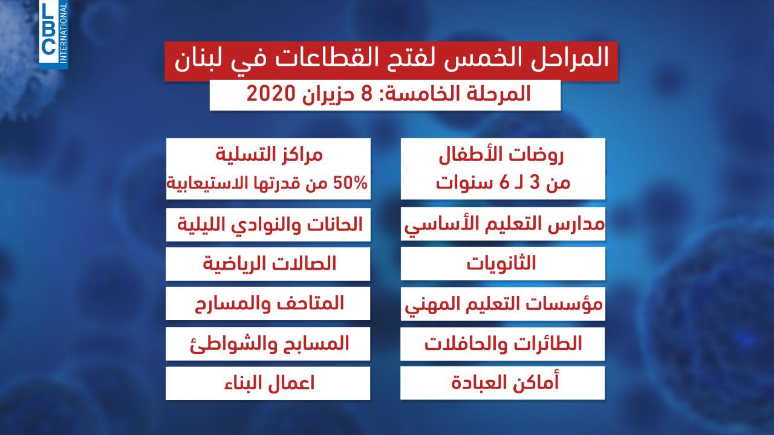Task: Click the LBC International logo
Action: (x=54, y=34)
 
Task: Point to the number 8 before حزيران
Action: (x=366, y=94)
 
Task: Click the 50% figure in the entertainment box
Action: (x=350, y=183)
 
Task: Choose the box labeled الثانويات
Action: (x=502, y=264)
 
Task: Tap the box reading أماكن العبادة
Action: (x=502, y=383)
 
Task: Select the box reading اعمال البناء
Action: (x=268, y=383)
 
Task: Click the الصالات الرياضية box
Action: (x=268, y=264)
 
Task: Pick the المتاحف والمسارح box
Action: (x=268, y=304)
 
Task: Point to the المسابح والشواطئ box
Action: (x=268, y=344)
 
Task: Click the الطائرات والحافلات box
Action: (x=502, y=344)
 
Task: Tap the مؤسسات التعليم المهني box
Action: (x=502, y=304)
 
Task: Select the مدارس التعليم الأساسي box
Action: (x=503, y=224)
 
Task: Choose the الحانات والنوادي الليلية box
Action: (x=268, y=224)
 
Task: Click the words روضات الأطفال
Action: (x=501, y=156)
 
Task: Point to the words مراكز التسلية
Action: (x=269, y=154)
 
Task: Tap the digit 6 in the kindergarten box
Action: (x=505, y=182)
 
